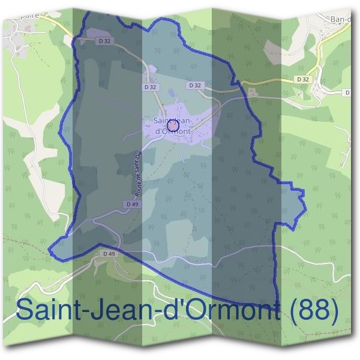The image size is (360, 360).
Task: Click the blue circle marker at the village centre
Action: click(x=172, y=126)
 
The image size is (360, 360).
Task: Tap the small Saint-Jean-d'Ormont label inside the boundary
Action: click(x=173, y=126)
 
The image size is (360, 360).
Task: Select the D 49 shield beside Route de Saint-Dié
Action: click(x=133, y=205)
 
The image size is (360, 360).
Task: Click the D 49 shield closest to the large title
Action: click(x=109, y=254)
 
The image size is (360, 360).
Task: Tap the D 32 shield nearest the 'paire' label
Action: click(x=104, y=41)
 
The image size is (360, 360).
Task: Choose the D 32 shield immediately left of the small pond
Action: click(x=151, y=87)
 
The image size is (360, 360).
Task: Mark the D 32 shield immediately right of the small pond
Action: click(x=195, y=86)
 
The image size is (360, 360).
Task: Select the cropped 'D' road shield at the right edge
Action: click(x=348, y=93)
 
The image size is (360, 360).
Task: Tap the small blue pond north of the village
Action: click(x=173, y=93)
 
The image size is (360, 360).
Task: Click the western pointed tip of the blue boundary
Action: click(x=51, y=247)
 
